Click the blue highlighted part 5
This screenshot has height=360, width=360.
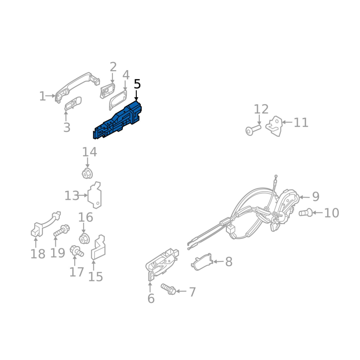pos(118,121)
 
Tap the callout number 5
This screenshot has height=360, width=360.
pos(137,84)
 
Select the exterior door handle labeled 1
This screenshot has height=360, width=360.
pos(76,83)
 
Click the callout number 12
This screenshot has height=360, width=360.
pos(261,109)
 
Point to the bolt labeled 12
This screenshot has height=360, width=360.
pos(253,130)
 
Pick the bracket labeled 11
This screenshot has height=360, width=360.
pos(275,126)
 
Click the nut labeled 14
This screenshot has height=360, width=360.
pos(87,173)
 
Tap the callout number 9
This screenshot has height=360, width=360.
pos(315,197)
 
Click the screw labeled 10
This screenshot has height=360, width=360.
pos(305,212)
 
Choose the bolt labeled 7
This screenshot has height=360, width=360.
pos(167,289)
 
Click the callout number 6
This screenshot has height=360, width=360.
pos(151,298)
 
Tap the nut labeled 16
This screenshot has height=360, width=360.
pos(83,238)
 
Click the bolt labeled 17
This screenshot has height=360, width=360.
pos(76,251)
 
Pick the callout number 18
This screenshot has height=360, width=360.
pos(38,254)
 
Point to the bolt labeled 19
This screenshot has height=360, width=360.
pos(61,231)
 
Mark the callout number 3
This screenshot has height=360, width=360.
pos(67,127)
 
